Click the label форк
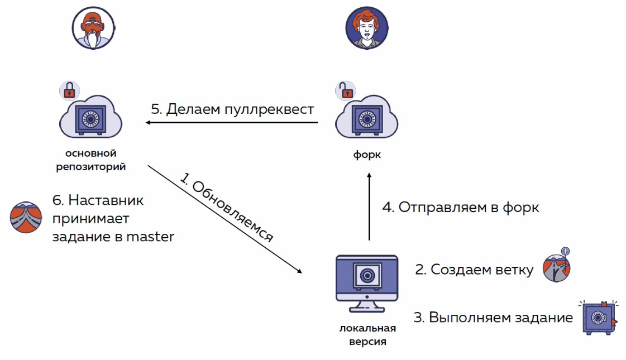(367, 155)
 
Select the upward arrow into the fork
(369, 207)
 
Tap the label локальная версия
(367, 334)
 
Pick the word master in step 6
(150, 237)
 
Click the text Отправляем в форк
(460, 208)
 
